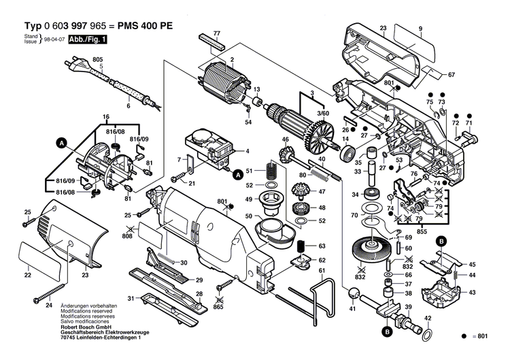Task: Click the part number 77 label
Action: click(216, 33)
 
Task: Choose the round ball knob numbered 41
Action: click(353, 293)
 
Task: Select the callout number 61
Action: click(321, 271)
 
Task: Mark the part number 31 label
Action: click(130, 298)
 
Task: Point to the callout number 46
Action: click(286, 140)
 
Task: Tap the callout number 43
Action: click(472, 293)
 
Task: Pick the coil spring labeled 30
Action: click(170, 260)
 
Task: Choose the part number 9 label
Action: click(420, 28)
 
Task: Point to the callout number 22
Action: click(27, 275)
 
